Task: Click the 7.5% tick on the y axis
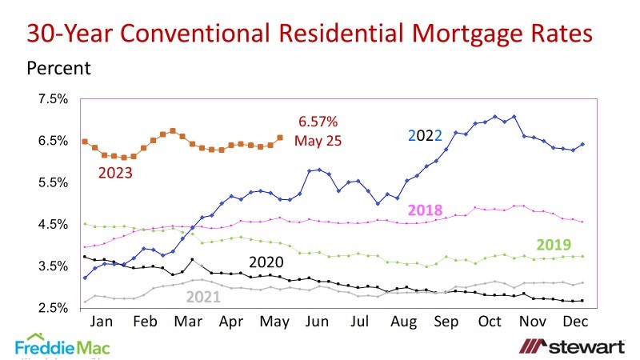coord(53,99)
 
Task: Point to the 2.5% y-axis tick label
coord(53,308)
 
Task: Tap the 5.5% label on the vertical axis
coord(53,182)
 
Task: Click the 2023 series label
coord(116,171)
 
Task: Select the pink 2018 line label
coord(425,210)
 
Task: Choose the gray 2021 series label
coord(204,296)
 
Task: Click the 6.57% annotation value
coord(318,122)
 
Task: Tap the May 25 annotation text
coord(318,141)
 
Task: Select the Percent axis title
coord(59,67)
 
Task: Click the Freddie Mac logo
coord(62,346)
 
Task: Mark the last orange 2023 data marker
coord(279,138)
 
